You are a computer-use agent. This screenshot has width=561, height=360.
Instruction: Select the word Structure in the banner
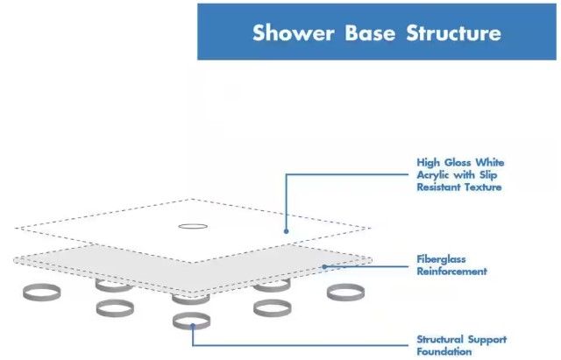pyautogui.click(x=453, y=33)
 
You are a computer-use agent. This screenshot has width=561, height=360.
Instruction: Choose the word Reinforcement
pyautogui.click(x=452, y=272)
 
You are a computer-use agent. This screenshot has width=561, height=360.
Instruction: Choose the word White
pyautogui.click(x=488, y=163)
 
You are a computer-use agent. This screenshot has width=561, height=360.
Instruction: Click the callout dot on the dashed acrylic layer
pyautogui.click(x=287, y=230)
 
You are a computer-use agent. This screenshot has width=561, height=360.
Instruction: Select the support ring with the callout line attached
pyautogui.click(x=192, y=321)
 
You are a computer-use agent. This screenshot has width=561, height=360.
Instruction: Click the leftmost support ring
pyautogui.click(x=42, y=293)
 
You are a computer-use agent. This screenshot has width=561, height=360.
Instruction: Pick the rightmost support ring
pyautogui.click(x=345, y=292)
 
